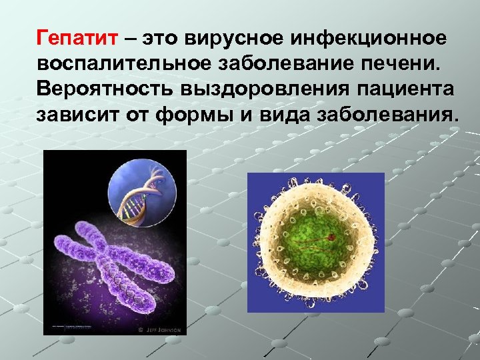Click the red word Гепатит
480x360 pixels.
79,38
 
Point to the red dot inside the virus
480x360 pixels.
329,235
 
